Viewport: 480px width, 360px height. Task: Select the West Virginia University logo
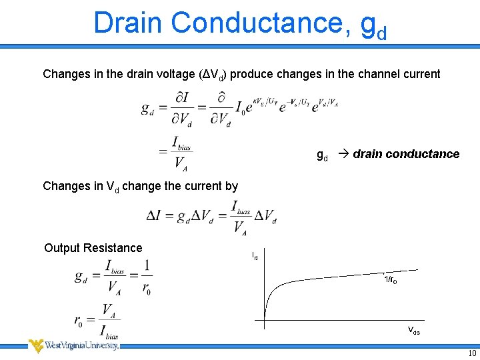click(x=73, y=345)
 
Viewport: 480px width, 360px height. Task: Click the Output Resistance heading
click(x=93, y=248)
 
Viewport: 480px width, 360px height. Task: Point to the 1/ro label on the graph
click(x=391, y=280)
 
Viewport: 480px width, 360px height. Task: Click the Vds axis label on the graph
click(x=413, y=331)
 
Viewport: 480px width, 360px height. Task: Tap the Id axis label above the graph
click(x=255, y=255)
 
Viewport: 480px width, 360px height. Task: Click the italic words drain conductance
click(x=406, y=154)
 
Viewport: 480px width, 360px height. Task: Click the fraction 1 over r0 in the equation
click(x=146, y=277)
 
